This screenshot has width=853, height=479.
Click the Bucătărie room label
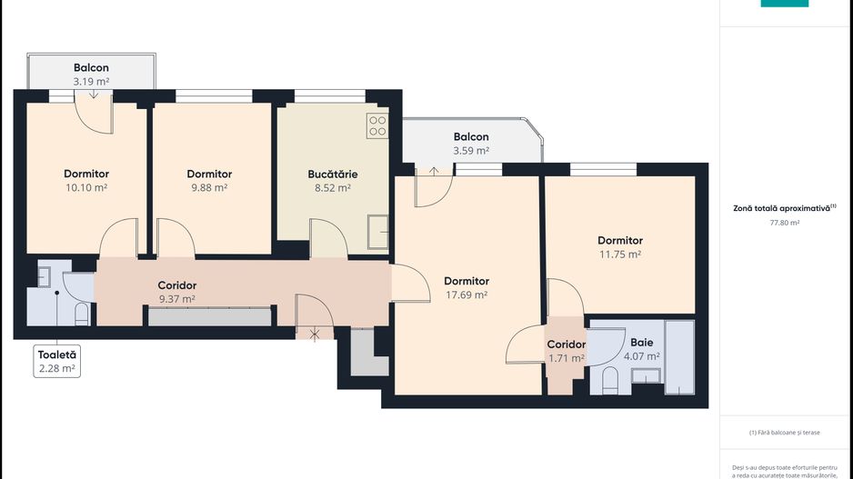point(332,174)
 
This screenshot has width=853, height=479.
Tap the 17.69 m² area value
point(467,294)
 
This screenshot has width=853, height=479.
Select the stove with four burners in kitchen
point(377,126)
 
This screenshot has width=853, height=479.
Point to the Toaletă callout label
point(56,354)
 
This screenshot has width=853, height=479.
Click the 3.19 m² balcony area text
point(91,81)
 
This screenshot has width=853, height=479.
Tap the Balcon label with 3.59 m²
point(471,137)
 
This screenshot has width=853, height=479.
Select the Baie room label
point(641,343)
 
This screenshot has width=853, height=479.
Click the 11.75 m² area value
point(619,254)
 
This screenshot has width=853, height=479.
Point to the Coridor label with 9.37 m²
point(176,285)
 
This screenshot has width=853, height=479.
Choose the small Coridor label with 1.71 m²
point(566,344)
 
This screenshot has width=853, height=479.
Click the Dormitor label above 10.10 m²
point(86,174)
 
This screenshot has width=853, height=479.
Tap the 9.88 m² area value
point(209,187)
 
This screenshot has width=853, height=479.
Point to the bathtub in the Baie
point(678,356)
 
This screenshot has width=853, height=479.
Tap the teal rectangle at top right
point(784,3)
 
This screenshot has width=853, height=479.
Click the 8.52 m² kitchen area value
point(332,187)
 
